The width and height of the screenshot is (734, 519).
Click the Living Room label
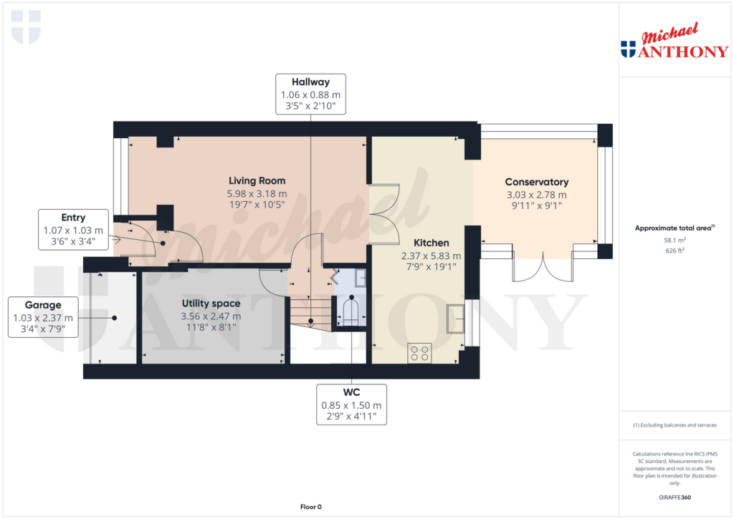[257, 181]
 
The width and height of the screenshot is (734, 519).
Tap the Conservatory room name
[536, 182]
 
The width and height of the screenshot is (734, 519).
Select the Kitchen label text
[431, 243]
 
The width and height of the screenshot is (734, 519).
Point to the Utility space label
[211, 304]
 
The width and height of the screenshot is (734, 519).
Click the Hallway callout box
[311, 94]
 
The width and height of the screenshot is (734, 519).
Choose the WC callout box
[351, 404]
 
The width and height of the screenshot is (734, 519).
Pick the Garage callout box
[43, 317]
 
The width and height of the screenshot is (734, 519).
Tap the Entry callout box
[74, 230]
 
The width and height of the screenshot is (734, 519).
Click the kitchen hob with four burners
[420, 354]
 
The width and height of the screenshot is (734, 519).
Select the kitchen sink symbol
[455, 319]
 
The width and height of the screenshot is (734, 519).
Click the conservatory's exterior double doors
[543, 268]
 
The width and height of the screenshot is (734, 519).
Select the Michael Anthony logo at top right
[675, 41]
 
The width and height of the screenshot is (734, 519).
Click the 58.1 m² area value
[675, 241]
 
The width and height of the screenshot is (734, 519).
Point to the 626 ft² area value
[675, 251]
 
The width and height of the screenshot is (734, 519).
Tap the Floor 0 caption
[311, 507]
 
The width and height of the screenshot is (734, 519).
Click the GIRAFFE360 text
[675, 498]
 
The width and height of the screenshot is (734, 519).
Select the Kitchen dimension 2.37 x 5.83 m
[431, 256]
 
